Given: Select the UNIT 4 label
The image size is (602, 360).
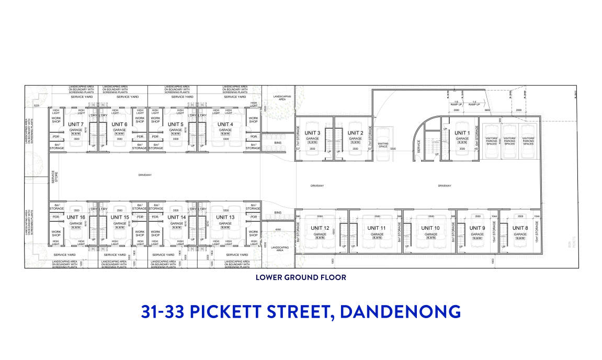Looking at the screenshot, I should pos(225,124).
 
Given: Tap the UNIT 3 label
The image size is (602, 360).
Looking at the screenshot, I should pos(312,132).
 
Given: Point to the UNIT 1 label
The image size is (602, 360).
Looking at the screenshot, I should pos(461,132).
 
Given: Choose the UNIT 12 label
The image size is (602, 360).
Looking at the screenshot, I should pos(319,228).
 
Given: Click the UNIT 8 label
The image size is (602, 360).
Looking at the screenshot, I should pos(519,228).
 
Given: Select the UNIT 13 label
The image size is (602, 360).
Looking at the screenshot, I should pos(225,217).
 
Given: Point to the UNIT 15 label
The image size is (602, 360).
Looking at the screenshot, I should pos(120,217).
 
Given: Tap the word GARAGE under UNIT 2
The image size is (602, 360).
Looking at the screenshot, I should pos(356,138).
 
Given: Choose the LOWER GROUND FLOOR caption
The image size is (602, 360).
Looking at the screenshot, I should pos(301,277).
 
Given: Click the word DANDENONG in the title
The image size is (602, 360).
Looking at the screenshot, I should pos(402,311).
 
